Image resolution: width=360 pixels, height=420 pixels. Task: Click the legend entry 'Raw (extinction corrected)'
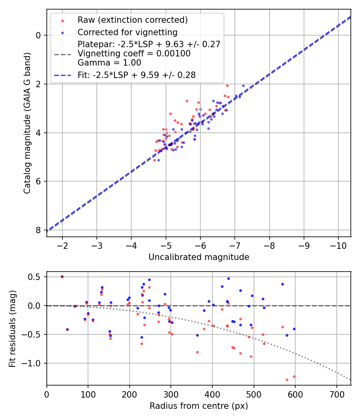132,20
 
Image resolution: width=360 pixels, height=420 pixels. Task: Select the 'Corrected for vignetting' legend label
127,32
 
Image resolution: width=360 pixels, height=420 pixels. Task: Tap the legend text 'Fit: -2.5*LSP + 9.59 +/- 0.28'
136,75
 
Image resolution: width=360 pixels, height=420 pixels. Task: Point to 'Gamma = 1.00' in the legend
109,62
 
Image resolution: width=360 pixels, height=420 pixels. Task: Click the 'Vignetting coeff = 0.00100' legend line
134,54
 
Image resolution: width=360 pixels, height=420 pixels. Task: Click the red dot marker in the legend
62,20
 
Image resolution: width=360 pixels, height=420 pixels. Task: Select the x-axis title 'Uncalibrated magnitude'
199,257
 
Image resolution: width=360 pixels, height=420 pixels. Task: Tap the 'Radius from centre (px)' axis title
199,406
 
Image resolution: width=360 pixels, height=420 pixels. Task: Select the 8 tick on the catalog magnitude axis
38,230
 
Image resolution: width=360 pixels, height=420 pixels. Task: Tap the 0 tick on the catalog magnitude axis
38,35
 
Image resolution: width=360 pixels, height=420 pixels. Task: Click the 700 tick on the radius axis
336,394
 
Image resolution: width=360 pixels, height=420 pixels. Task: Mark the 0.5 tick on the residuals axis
36,277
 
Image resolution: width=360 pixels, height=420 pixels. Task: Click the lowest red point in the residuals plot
287,380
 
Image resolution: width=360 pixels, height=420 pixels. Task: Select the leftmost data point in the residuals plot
62,276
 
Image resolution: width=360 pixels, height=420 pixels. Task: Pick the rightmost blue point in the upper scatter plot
243,86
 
